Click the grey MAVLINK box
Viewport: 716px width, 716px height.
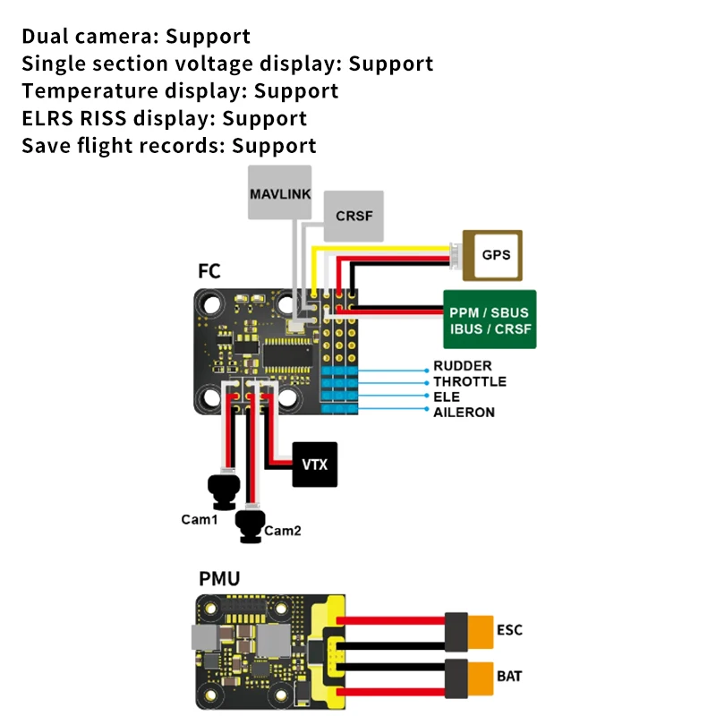279,192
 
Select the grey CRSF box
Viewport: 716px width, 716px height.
354,216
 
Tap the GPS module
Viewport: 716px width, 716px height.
492,255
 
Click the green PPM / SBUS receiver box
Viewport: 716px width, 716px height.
490,320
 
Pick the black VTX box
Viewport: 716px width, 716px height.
315,465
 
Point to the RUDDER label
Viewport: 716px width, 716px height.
463,366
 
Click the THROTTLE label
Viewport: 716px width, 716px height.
470,381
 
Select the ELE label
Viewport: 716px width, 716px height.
447,396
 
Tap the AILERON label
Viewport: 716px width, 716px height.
464,413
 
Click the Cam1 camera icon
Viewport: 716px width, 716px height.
224,492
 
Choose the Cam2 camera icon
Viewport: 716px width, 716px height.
251,526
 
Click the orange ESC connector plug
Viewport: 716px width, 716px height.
480,632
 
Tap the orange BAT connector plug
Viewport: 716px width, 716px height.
480,678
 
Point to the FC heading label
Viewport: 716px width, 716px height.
209,271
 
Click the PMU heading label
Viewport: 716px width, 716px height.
219,578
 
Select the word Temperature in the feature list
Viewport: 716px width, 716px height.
90,91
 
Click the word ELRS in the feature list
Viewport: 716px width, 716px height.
47,118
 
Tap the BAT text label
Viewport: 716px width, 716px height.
509,676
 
